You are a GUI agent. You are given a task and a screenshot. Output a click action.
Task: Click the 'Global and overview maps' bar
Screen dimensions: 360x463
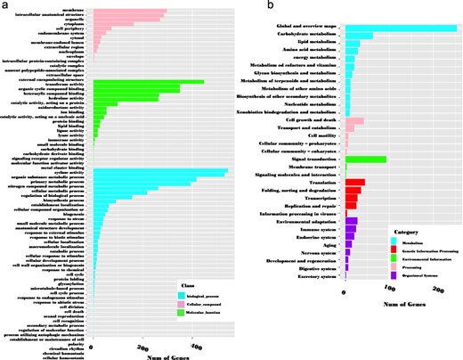pyautogui.click(x=401, y=29)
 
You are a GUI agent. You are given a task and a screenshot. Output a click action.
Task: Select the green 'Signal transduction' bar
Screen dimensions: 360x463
pyautogui.click(x=366, y=159)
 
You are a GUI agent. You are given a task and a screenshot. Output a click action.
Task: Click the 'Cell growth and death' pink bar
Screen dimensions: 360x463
pyautogui.click(x=354, y=120)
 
